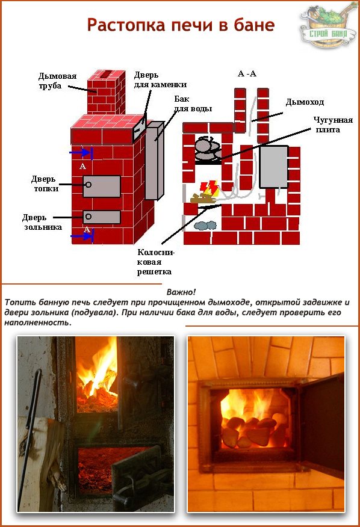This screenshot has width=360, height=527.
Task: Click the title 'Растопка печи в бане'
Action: point(181,25)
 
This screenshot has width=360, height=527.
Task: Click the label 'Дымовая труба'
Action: point(57,81)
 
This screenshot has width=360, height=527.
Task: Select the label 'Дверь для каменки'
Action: point(160,79)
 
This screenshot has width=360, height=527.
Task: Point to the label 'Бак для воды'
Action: point(193,103)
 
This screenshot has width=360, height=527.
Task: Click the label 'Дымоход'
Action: point(305,102)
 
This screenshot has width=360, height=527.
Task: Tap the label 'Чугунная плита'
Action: point(333,125)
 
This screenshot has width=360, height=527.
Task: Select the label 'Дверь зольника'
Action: point(42,222)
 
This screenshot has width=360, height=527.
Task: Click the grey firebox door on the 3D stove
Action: point(102,186)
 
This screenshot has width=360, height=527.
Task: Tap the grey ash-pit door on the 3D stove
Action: point(102,217)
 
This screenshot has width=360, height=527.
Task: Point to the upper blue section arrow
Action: point(81,153)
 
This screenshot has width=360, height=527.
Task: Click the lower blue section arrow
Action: point(82,236)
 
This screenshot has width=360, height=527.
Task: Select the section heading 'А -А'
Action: point(247,73)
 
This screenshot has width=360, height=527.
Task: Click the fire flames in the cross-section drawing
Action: point(209,188)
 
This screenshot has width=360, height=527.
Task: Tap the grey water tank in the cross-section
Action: point(274,167)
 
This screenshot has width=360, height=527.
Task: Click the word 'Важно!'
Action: point(181,292)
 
